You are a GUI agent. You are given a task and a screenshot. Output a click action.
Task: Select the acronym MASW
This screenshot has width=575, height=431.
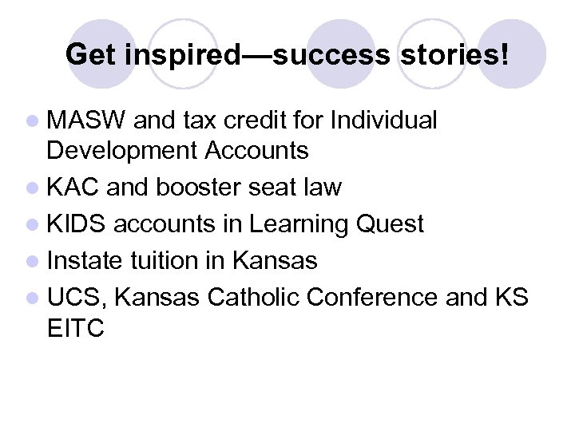(86, 121)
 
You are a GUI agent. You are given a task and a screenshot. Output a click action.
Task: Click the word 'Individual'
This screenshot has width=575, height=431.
(383, 121)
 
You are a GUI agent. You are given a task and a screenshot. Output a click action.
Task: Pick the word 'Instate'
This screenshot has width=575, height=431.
(89, 260)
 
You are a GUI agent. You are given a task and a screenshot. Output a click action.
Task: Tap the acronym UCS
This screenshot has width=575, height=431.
(76, 297)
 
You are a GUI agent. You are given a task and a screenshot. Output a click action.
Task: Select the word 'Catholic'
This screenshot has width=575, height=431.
(253, 297)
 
